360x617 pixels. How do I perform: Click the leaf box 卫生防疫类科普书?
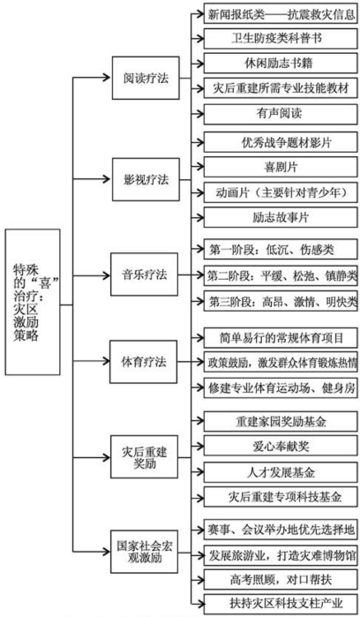pos(280,39)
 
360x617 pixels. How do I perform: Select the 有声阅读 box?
pos(280,114)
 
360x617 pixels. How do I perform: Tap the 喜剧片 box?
pos(280,166)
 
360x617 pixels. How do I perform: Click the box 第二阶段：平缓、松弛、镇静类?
pos(280,275)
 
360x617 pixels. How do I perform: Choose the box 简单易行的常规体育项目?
pos(280,337)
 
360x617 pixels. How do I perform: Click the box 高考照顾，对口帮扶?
pos(280,578)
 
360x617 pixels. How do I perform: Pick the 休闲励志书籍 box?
pos(280,64)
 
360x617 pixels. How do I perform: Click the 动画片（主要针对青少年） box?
pos(280,192)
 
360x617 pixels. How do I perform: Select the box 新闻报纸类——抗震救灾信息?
pos(280,15)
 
